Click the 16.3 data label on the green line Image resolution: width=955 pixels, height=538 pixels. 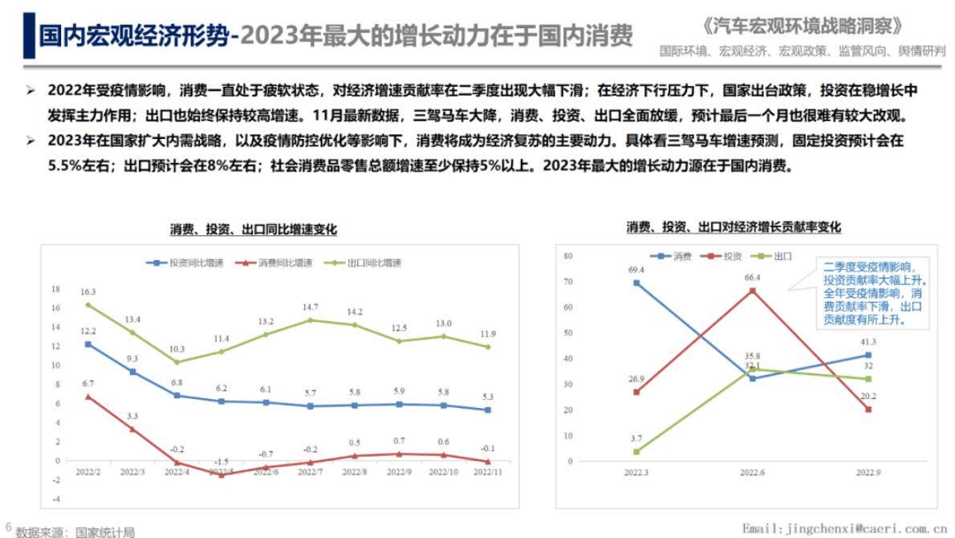(x=88, y=292)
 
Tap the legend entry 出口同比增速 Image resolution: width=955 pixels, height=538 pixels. (x=368, y=263)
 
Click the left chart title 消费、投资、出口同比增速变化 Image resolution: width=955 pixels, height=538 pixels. (x=253, y=230)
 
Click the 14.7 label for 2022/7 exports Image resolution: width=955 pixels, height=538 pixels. (x=310, y=308)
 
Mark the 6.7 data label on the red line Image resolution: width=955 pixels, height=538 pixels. (x=88, y=384)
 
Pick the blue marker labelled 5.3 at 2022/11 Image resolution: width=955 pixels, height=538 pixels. (x=486, y=410)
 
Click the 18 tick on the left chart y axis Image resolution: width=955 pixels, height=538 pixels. (x=56, y=289)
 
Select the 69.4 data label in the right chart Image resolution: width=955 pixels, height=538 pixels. (x=636, y=270)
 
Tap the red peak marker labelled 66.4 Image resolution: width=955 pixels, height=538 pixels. (x=752, y=290)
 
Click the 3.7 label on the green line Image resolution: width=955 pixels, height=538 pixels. (x=636, y=438)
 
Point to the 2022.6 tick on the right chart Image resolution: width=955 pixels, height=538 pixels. (x=752, y=473)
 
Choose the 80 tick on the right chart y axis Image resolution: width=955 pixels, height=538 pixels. (x=567, y=256)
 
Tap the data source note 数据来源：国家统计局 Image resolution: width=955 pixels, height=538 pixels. (x=72, y=531)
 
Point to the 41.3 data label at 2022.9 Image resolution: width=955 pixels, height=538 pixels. (x=868, y=342)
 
